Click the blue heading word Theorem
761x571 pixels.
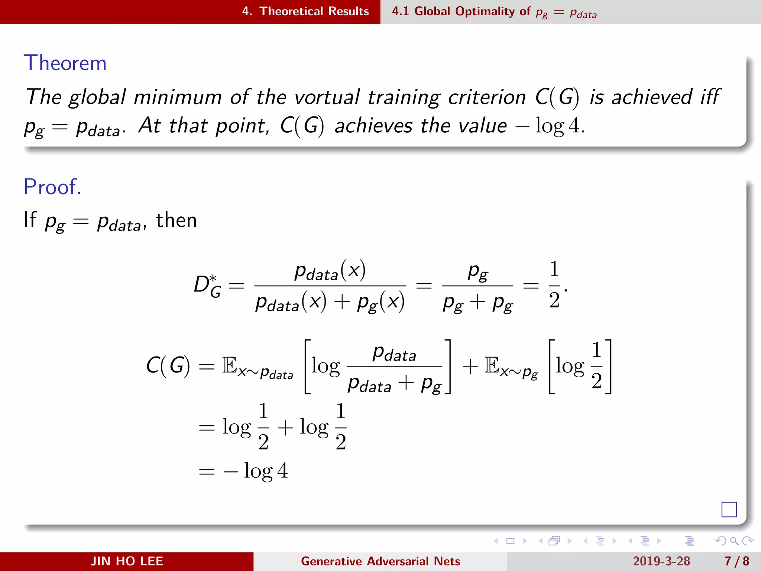(65, 63)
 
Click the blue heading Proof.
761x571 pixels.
(52, 187)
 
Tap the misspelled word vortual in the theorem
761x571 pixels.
(327, 97)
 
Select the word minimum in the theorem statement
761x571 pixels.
(178, 97)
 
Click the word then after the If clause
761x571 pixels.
(176, 220)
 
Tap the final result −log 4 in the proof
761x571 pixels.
(256, 471)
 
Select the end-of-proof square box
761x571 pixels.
(729, 509)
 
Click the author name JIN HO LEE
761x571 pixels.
(127, 561)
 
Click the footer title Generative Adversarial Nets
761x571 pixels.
(380, 561)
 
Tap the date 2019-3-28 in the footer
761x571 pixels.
(661, 561)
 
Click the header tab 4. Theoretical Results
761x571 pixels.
(305, 12)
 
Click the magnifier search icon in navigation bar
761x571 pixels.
(734, 541)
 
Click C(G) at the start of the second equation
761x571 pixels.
(168, 366)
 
